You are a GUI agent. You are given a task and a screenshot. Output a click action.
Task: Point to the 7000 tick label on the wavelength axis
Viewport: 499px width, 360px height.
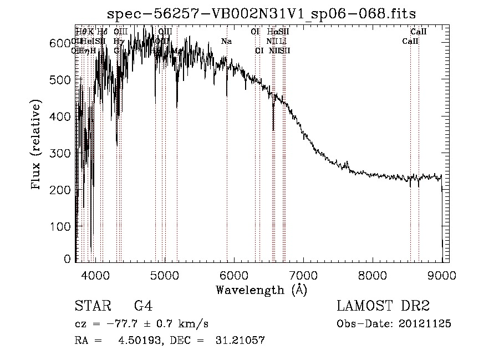click(x=303, y=276)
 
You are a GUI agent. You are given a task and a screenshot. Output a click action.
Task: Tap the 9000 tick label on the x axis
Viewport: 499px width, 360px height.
click(x=441, y=276)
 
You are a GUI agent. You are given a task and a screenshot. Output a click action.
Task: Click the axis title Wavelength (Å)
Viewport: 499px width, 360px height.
click(x=261, y=290)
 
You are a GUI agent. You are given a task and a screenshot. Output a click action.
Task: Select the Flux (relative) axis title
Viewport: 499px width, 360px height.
click(x=37, y=146)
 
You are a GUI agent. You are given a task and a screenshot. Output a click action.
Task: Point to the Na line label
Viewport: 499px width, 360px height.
click(x=226, y=42)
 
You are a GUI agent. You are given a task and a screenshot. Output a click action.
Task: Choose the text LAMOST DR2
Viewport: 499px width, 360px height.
click(x=383, y=306)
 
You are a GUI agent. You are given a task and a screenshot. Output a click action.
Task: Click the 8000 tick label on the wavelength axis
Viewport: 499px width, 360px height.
click(x=372, y=276)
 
